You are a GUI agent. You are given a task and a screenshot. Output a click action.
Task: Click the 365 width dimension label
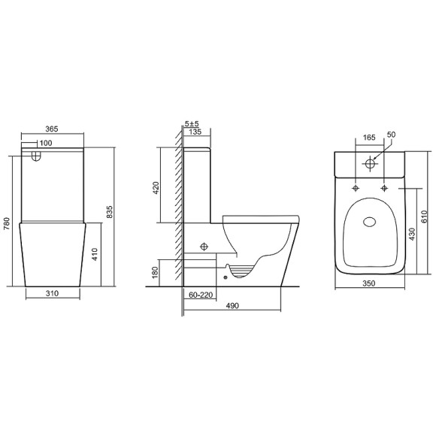pyautogui.click(x=52, y=129)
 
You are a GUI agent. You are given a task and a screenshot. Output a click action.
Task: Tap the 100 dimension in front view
pyautogui.click(x=46, y=143)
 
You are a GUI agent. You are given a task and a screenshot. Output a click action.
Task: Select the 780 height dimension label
pyautogui.click(x=7, y=223)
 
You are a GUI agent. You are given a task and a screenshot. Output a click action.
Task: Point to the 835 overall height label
pyautogui.click(x=110, y=212)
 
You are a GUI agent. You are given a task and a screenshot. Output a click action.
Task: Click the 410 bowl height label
pyautogui.click(x=95, y=254)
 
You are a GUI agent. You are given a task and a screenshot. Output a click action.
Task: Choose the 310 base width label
pyautogui.click(x=53, y=293)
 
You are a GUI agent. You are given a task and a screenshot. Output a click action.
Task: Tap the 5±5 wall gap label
pyautogui.click(x=192, y=124)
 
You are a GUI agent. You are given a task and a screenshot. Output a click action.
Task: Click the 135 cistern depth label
pyautogui.click(x=195, y=132)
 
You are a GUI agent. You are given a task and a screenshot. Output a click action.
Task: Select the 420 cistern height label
pyautogui.click(x=156, y=188)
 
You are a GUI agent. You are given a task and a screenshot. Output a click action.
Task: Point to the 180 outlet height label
pyautogui.click(x=155, y=272)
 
